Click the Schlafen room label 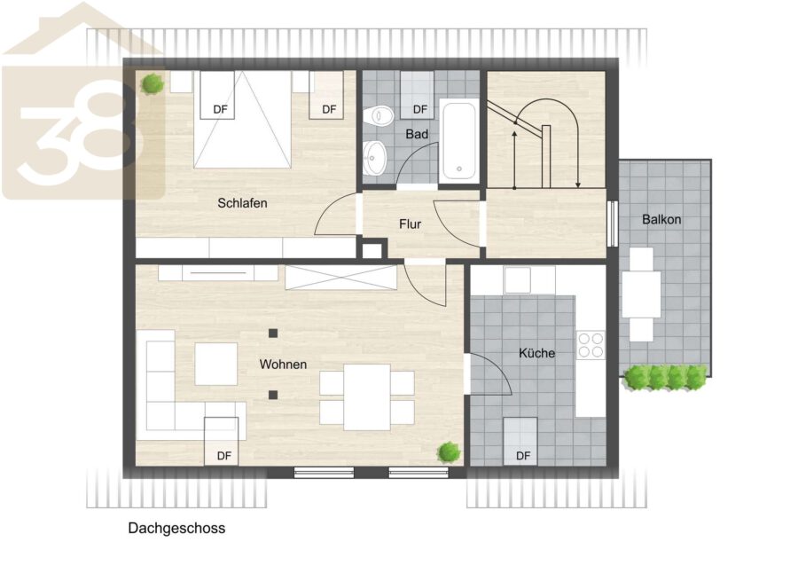(x=242, y=203)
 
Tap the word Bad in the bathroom (x=417, y=135)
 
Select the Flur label (x=411, y=224)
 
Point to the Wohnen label (x=283, y=365)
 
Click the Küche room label (x=536, y=353)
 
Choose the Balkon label (x=661, y=219)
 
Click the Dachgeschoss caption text (x=176, y=529)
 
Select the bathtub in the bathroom (x=459, y=141)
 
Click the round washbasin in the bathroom (x=375, y=158)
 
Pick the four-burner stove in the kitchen (x=591, y=345)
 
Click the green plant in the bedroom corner (x=153, y=83)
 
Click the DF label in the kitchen (x=523, y=456)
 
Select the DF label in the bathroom (x=420, y=109)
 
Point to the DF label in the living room (x=224, y=456)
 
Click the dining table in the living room (x=367, y=397)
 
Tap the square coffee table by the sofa (x=216, y=364)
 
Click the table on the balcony (x=641, y=294)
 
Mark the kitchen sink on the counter (x=517, y=279)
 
